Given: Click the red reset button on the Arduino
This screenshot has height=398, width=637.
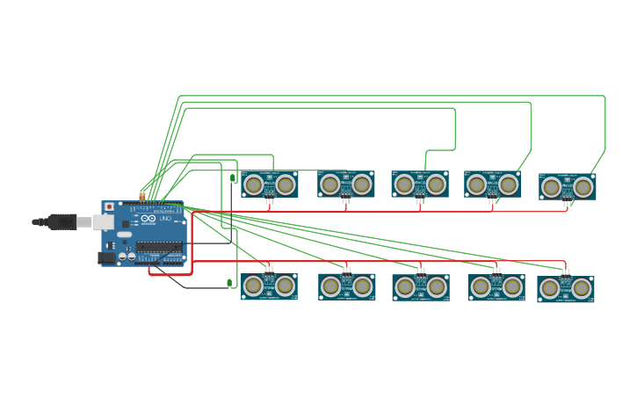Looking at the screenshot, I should point(109,207).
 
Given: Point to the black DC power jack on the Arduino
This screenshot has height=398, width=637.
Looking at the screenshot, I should point(106,257).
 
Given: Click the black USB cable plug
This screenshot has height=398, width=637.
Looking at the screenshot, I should point(62,222).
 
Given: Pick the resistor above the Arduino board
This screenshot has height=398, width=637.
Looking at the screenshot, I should point(142,196).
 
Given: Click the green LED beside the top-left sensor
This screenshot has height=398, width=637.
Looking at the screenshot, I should point(233,178).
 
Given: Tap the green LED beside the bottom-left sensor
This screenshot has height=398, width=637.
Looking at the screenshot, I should point(229,283).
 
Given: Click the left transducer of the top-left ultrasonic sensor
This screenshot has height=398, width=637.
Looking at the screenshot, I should point(253,185).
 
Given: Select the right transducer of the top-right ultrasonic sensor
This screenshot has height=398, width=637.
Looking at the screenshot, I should point(583,187).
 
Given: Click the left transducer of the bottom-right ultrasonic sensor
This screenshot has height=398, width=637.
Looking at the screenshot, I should point(550,288).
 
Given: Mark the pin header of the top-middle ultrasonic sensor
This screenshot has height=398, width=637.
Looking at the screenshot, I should point(420,200).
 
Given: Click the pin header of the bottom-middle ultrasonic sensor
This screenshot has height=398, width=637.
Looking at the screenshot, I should point(421,270).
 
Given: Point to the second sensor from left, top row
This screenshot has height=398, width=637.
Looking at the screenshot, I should point(345,185).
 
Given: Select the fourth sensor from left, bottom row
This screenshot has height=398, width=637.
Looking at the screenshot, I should point(496,286).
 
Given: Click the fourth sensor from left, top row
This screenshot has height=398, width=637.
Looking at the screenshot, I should point(492,185).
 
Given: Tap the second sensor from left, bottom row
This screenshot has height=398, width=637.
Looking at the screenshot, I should point(346,286).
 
